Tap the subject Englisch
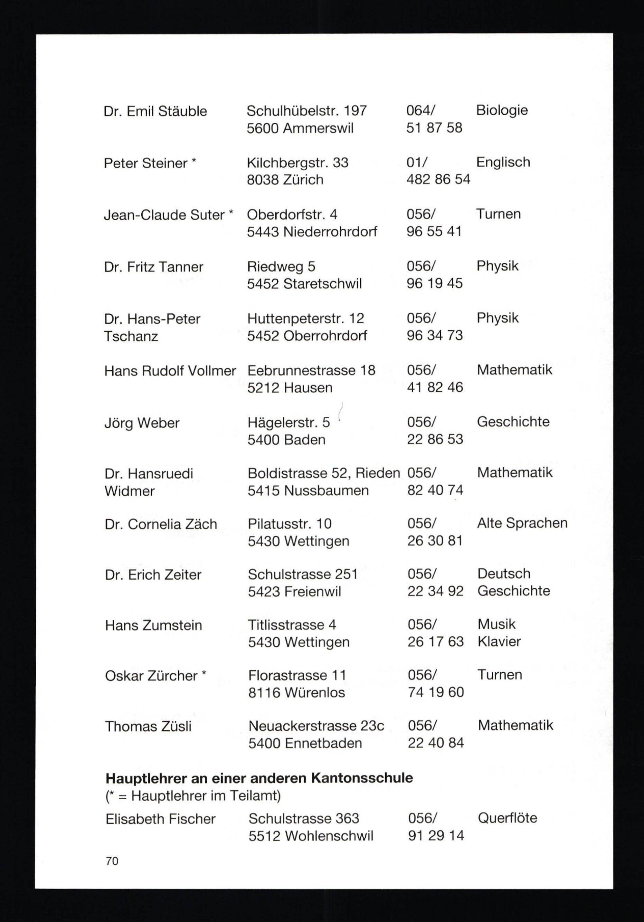coord(503,162)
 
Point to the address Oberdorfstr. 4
coord(292,214)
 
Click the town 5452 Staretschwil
coord(304,284)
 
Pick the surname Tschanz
coord(131,336)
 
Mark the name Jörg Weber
coord(142,423)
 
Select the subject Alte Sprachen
coord(522,523)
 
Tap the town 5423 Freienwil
coord(294,592)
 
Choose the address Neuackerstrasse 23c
coord(316,726)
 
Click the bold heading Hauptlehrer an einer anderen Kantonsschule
coord(259,778)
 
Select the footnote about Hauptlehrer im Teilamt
coord(193,795)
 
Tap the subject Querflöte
coord(507,818)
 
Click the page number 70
coord(112,861)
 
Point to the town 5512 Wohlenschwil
coord(311,836)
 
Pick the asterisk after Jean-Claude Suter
coord(231,213)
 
